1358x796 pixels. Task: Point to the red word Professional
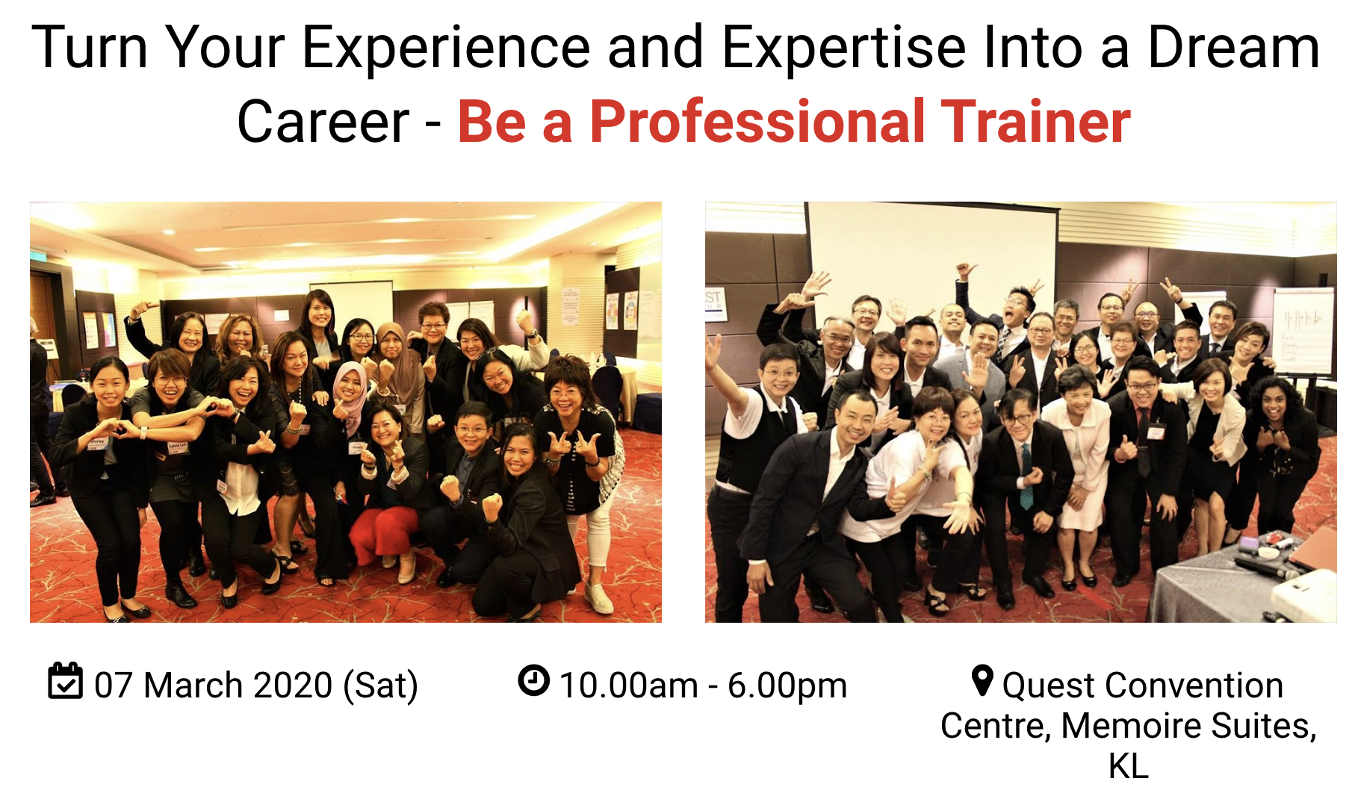(x=757, y=122)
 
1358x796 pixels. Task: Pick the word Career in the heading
(x=323, y=122)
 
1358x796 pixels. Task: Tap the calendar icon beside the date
(x=65, y=680)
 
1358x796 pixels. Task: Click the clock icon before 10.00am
(x=533, y=680)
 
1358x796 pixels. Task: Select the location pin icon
(x=982, y=680)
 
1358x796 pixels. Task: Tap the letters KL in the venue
(x=1129, y=766)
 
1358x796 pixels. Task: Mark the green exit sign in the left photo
(x=39, y=255)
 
